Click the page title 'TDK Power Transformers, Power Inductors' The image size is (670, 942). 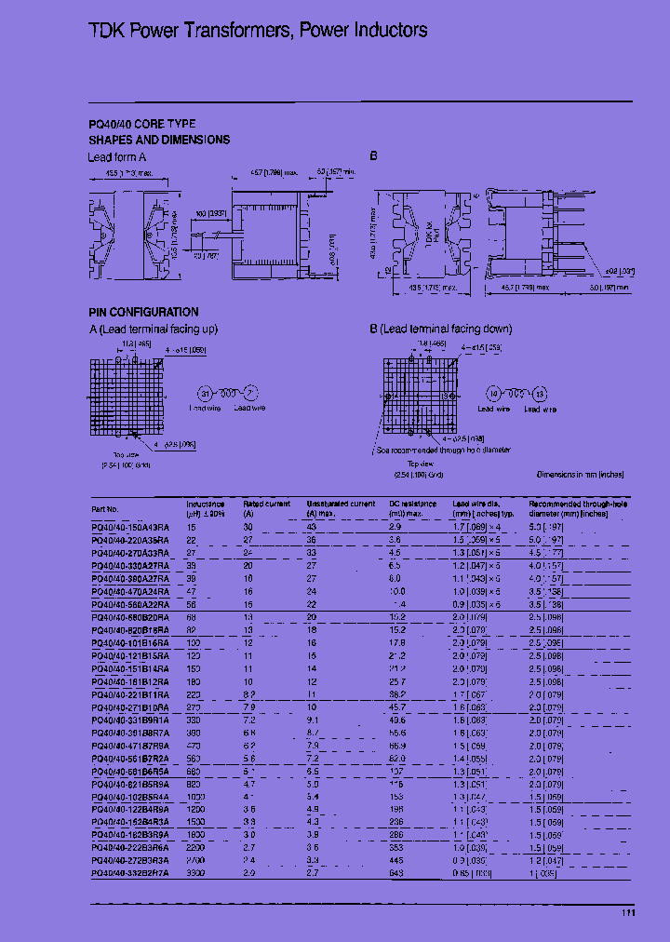[x=258, y=31]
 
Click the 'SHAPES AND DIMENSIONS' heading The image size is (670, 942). [x=159, y=140]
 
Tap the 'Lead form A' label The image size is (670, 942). [x=117, y=157]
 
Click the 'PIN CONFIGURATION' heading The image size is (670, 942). [x=143, y=313]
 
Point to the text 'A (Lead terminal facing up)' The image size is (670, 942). [x=154, y=329]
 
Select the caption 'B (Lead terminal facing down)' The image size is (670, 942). [x=441, y=329]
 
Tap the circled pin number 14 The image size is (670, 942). [x=495, y=392]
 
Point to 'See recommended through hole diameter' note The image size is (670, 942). [x=444, y=449]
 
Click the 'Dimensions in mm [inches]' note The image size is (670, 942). [x=580, y=474]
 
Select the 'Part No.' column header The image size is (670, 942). [x=105, y=509]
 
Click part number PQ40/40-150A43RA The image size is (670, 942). [x=130, y=527]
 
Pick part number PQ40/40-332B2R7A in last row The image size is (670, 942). [x=130, y=874]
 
